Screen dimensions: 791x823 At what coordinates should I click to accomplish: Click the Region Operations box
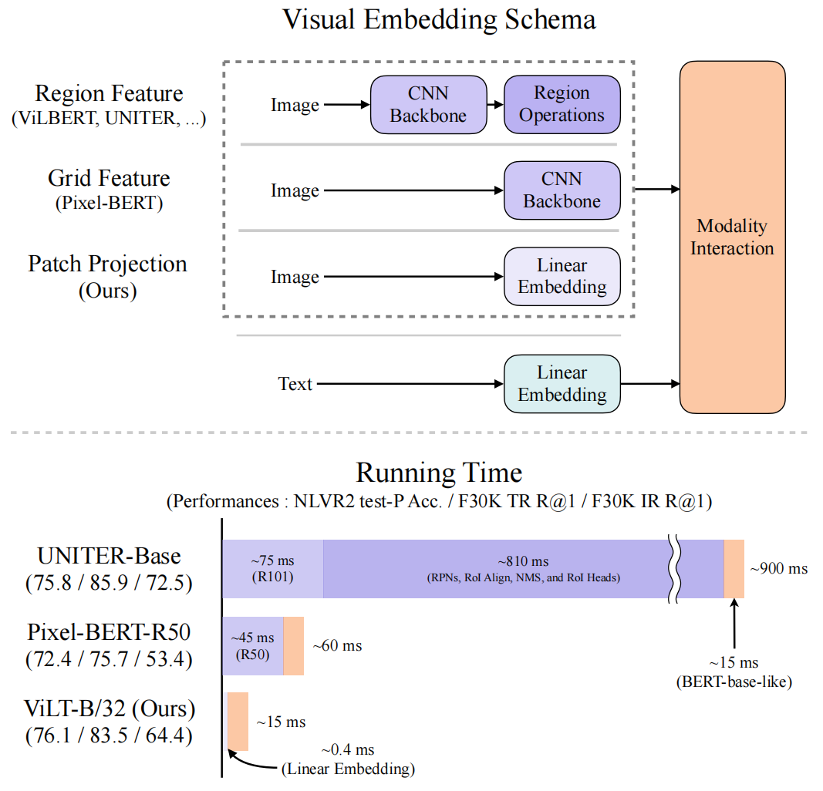[562, 104]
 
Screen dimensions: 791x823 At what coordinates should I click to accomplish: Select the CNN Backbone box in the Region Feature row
[429, 104]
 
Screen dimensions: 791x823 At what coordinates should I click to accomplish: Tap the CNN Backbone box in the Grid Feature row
[562, 190]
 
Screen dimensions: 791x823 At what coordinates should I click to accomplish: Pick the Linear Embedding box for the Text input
[562, 384]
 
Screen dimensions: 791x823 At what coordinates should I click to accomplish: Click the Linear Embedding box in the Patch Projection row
[562, 277]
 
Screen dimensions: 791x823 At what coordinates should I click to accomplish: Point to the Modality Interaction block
[731, 237]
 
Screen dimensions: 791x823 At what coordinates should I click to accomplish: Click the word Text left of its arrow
[295, 384]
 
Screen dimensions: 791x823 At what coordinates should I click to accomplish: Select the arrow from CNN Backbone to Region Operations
[495, 104]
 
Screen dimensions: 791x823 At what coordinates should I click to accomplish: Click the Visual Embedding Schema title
[439, 20]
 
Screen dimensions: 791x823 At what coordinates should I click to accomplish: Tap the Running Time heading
[439, 472]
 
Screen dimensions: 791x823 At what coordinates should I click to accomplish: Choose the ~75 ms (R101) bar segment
[272, 569]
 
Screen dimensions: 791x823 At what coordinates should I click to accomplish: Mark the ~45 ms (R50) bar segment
[253, 646]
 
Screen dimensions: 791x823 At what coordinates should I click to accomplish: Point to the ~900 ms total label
[778, 569]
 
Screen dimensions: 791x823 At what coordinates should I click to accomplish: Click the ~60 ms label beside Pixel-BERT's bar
[337, 646]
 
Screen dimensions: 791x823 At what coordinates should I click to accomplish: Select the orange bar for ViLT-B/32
[238, 721]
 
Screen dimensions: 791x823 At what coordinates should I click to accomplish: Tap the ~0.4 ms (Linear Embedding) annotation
[347, 759]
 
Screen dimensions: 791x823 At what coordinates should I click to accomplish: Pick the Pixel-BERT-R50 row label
[109, 632]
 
